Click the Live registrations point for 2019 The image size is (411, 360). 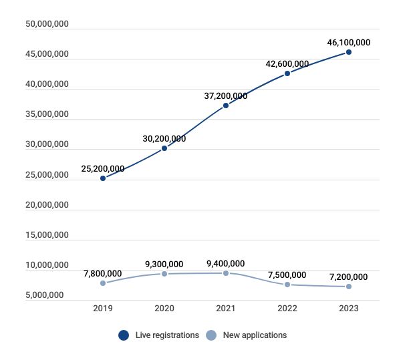tap(103, 178)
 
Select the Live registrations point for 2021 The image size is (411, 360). tap(226, 106)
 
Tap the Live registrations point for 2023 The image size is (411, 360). tap(349, 52)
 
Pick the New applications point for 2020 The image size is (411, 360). tap(164, 274)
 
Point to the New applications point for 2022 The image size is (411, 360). tap(287, 285)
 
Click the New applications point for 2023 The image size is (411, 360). tap(349, 287)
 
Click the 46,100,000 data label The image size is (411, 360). tap(348, 42)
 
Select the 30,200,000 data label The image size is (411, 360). tap(164, 139)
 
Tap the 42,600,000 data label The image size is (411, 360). tap(287, 64)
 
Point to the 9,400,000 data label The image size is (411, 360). tap(226, 263)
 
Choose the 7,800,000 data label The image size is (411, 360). tap(103, 273)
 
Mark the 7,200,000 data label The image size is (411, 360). tap(349, 277)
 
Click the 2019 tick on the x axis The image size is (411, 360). tap(103, 309)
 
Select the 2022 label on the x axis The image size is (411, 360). tap(287, 309)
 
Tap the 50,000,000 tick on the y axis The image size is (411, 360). tap(47, 25)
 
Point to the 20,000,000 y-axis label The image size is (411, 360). tap(47, 205)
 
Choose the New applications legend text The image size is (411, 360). tap(255, 335)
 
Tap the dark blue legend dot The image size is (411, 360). tap(124, 335)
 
